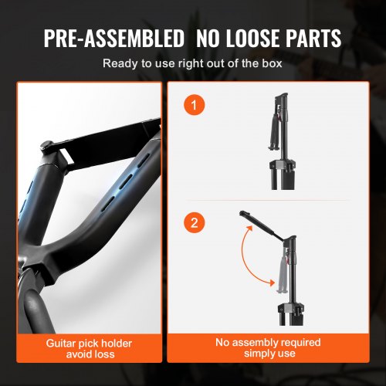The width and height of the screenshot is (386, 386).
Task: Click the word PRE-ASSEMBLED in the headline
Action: [x=114, y=38]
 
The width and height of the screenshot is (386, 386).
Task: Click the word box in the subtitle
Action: [x=272, y=63]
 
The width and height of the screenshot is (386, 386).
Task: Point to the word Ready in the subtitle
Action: [x=120, y=63]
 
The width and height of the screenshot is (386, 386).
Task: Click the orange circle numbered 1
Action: [x=195, y=105]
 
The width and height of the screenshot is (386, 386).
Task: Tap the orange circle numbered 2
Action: [x=195, y=222]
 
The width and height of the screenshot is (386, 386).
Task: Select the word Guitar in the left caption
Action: [x=61, y=344]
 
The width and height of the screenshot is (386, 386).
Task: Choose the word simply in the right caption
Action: [x=258, y=354]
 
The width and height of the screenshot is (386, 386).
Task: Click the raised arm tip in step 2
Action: [x=243, y=213]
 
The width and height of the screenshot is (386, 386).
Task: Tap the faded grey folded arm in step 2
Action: [x=282, y=276]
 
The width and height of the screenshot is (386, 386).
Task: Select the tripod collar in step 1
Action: [x=282, y=165]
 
